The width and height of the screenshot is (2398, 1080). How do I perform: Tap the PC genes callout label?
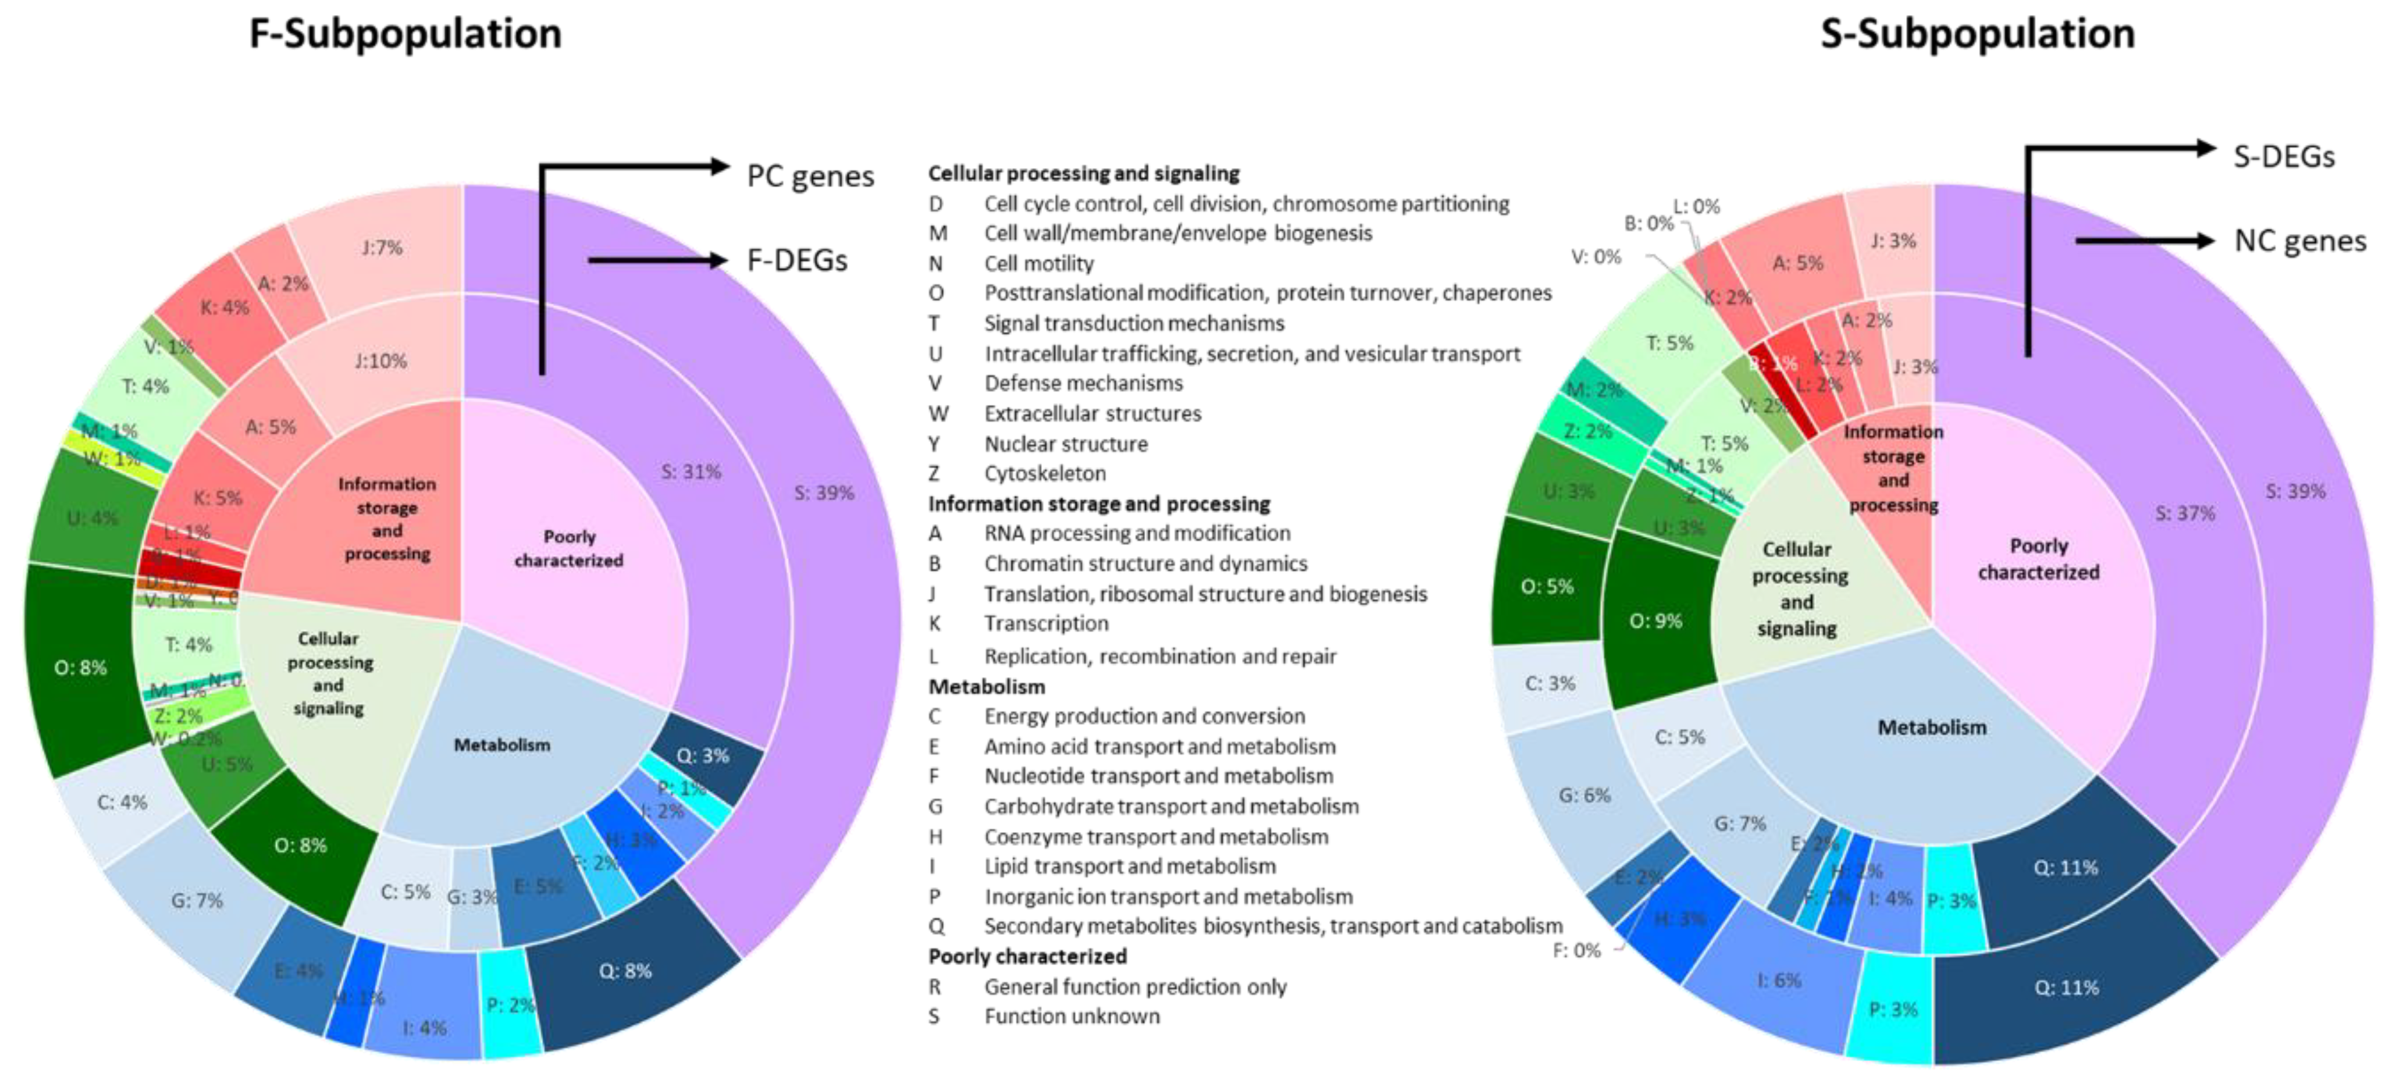tap(810, 176)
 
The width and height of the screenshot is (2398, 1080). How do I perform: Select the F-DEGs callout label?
tap(797, 260)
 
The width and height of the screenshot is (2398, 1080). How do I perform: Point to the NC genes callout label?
tap(2299, 241)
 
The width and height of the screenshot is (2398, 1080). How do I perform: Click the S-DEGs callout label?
tap(2284, 157)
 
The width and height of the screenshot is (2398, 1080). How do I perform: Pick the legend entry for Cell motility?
tap(1038, 264)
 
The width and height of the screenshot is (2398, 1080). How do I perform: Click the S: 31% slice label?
tap(691, 472)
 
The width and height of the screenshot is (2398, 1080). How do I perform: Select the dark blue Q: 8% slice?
tap(625, 971)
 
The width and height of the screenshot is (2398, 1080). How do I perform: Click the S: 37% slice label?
tap(2185, 513)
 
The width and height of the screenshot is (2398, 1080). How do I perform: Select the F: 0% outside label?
tap(1576, 951)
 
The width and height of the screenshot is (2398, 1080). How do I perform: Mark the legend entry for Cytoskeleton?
tap(1044, 473)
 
